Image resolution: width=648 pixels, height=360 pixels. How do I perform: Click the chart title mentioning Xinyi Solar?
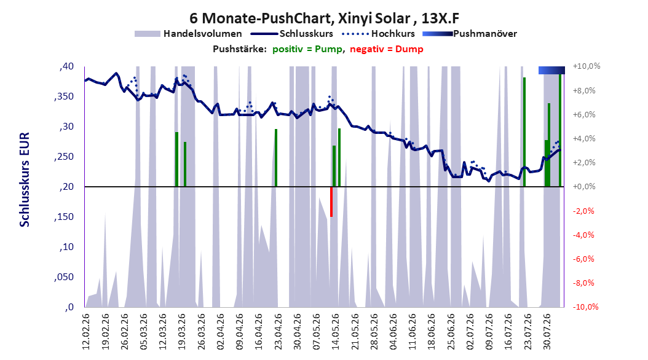(325, 18)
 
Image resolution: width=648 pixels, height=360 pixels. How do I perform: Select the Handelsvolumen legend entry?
(188, 34)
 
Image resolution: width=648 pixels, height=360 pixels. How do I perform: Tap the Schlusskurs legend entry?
(292, 34)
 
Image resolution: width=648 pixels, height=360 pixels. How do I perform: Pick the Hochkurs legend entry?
(379, 34)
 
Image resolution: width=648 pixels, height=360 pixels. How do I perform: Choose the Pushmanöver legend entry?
(470, 34)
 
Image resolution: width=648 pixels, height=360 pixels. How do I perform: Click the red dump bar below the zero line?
(331, 202)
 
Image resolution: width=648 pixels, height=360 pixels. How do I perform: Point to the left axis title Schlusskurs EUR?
(25, 179)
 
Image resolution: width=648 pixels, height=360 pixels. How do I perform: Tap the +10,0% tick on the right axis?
(587, 66)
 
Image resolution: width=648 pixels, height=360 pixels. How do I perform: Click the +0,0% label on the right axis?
(584, 187)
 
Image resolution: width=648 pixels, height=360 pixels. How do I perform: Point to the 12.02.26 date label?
(86, 332)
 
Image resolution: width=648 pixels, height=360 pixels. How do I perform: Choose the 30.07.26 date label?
(547, 332)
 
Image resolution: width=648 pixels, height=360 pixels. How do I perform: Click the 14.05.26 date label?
(336, 332)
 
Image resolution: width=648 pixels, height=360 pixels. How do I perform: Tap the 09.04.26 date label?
(240, 332)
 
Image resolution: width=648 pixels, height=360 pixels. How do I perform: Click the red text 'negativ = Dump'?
(387, 49)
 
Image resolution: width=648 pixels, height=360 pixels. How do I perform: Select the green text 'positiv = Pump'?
(307, 49)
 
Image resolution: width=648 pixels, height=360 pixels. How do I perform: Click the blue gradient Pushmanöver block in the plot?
(551, 70)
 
